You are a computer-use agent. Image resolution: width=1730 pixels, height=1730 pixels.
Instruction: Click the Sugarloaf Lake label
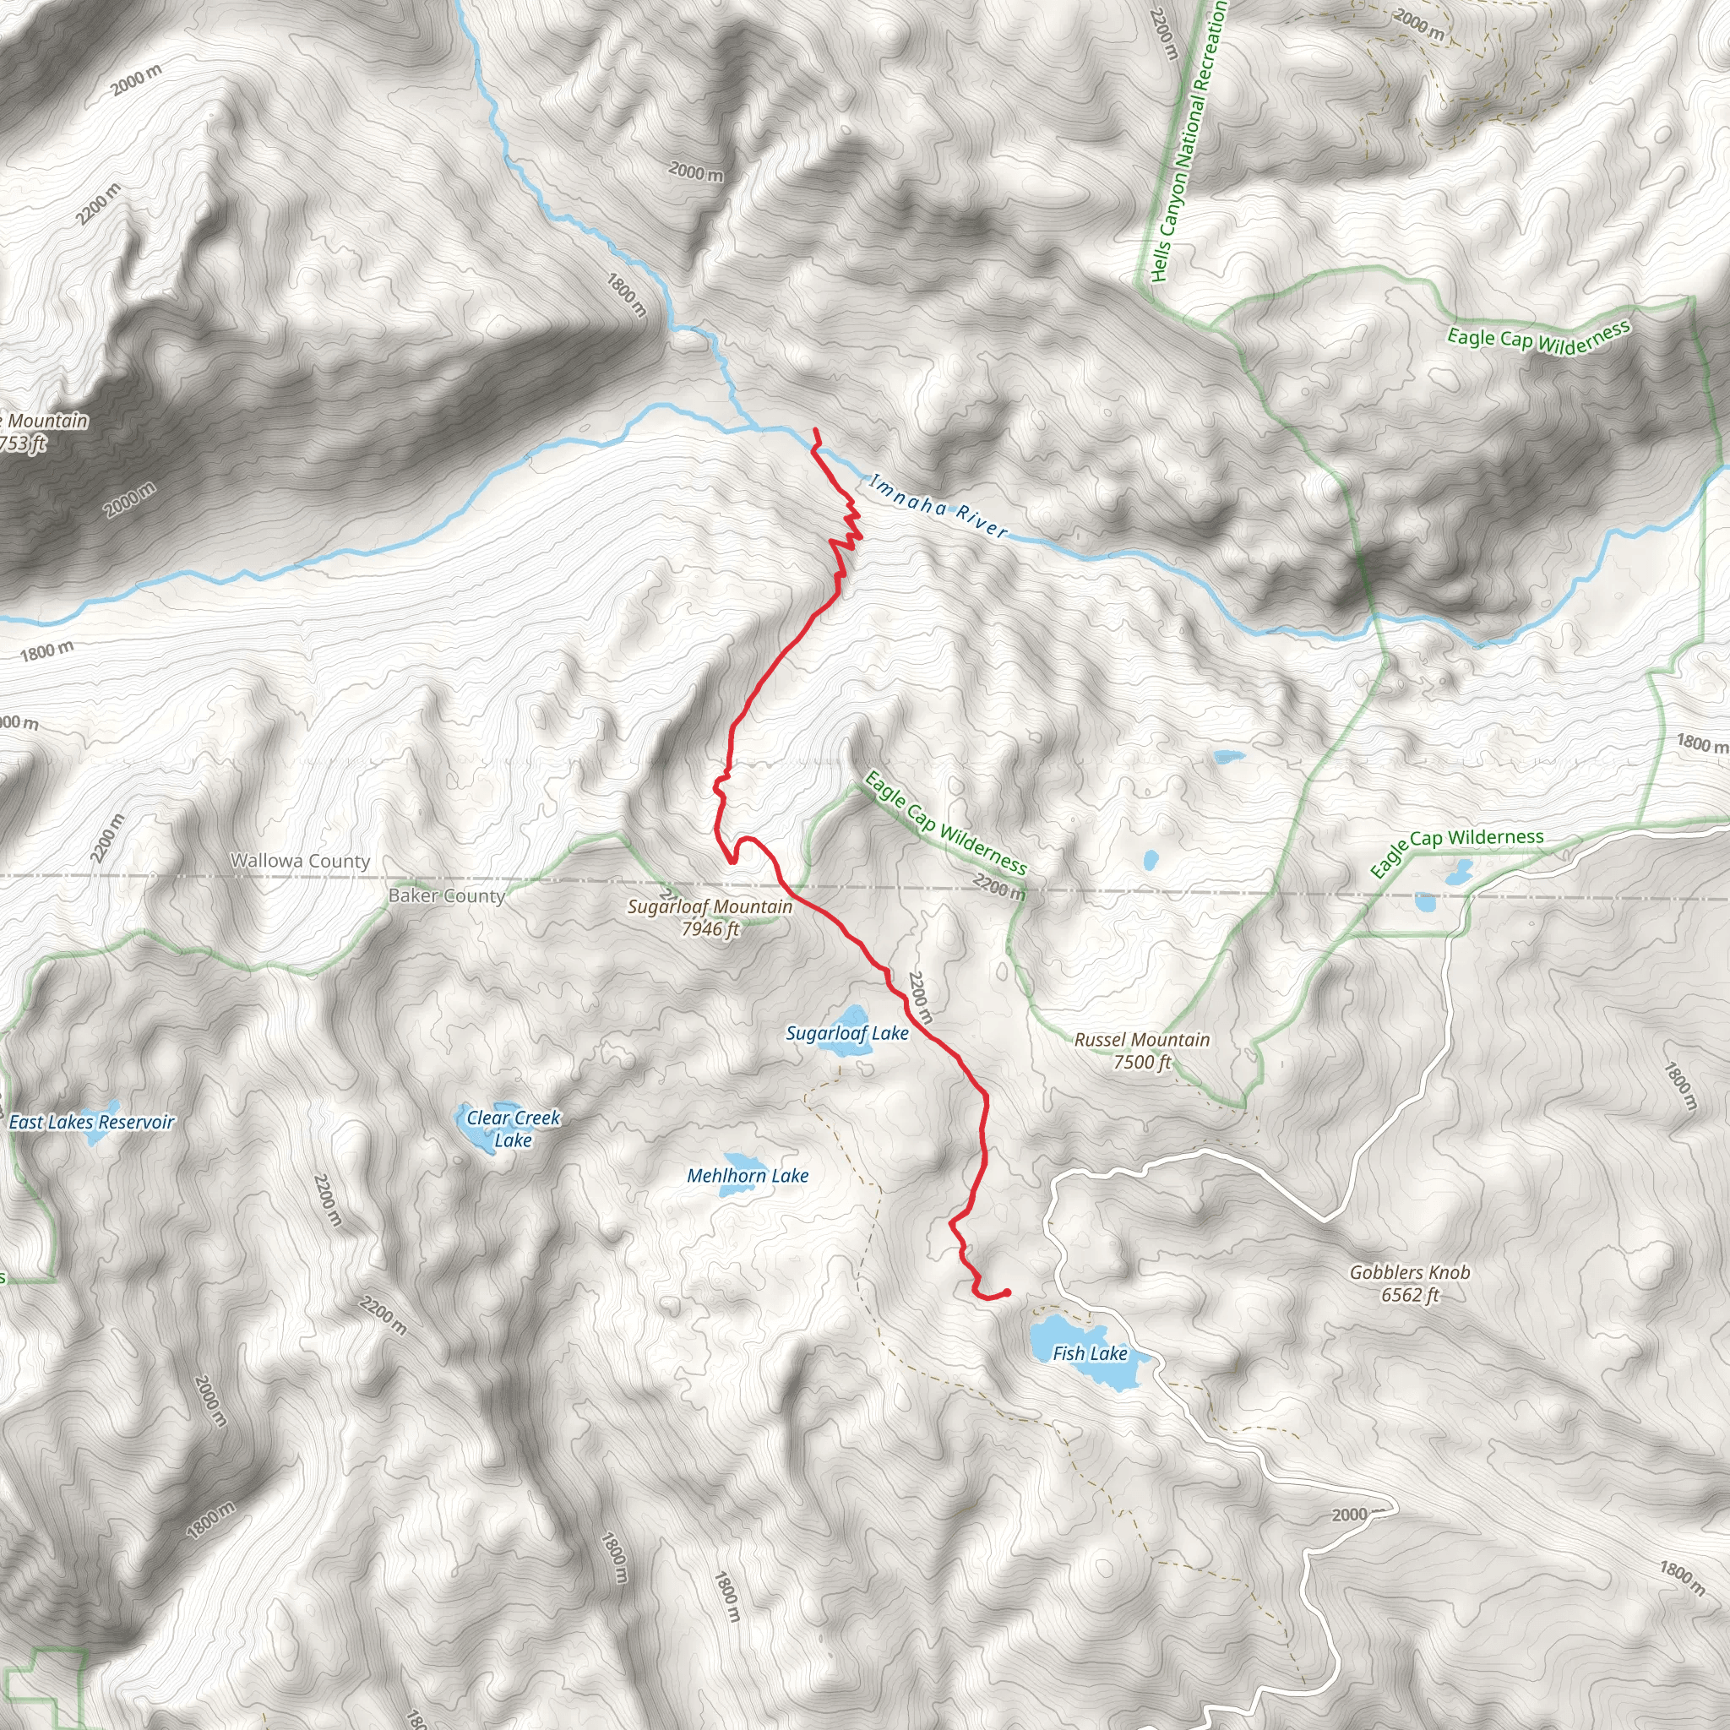pos(847,1033)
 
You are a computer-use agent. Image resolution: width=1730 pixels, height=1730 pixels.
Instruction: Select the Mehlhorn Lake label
pos(748,1176)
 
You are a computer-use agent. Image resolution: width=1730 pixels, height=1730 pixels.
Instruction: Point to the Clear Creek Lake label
pos(513,1129)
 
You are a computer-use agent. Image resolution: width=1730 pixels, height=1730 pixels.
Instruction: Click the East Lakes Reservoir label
pos(91,1122)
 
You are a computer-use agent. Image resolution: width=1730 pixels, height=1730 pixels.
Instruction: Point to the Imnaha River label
pos(938,508)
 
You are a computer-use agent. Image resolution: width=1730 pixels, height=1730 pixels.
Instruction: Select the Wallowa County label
pos(300,861)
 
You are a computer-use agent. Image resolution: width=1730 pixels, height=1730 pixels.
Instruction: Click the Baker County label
pos(447,895)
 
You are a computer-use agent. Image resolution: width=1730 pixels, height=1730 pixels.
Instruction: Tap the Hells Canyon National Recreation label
pos(1188,144)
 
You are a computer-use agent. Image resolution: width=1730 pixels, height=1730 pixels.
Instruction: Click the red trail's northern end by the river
pos(815,432)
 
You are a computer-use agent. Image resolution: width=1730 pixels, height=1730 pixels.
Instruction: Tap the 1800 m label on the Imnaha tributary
pos(626,296)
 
